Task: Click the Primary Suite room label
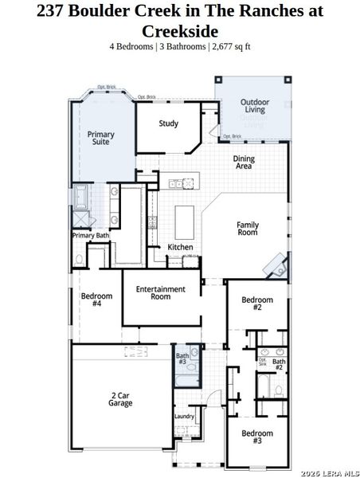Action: click(100, 139)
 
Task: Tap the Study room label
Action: click(168, 123)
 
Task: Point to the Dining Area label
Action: click(244, 163)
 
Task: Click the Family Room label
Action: click(248, 229)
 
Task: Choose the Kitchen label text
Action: click(180, 247)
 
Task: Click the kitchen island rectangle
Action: click(184, 217)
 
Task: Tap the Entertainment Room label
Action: click(160, 292)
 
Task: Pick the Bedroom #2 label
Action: click(256, 303)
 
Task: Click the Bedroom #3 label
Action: click(256, 437)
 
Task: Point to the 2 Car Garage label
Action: click(121, 399)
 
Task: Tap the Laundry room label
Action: click(184, 417)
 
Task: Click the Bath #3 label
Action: click(182, 359)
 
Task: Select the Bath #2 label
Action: click(279, 366)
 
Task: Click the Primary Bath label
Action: click(91, 236)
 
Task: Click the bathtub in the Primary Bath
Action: click(82, 197)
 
